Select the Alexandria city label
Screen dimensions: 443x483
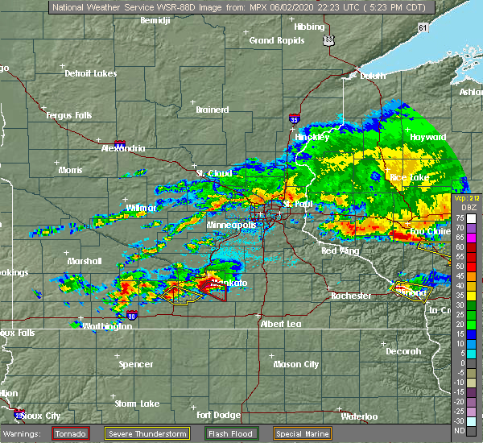[x=123, y=148]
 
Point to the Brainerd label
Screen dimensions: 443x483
[x=213, y=110]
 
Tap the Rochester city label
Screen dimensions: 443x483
[x=352, y=296]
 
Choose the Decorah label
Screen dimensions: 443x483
[x=402, y=351]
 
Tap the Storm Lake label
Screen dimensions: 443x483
[x=137, y=403]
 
